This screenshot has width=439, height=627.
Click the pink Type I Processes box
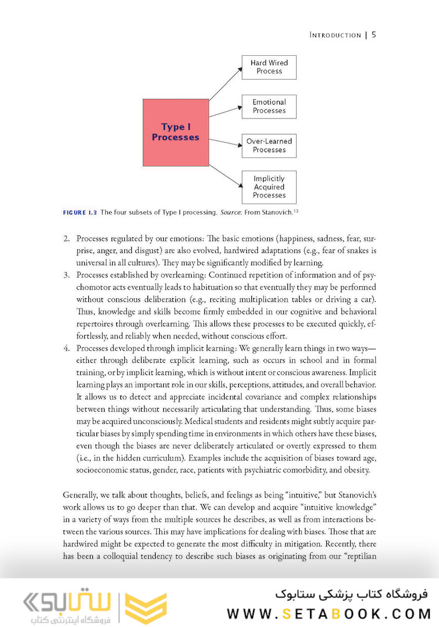pos(175,132)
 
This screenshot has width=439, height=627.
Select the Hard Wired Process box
pos(269,67)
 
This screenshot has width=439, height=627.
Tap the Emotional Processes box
pos(269,106)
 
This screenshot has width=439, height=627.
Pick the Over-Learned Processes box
pos(269,145)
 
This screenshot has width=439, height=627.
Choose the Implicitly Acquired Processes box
pos(269,187)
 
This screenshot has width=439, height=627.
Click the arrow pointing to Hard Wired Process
pos(225,84)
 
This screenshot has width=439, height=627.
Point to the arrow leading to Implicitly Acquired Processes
pos(225,176)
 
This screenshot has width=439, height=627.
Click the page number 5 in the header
pos(374,35)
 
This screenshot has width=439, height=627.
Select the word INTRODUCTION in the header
pos(335,35)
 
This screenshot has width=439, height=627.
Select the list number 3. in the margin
pos(67,276)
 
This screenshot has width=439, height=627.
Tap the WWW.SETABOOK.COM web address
pos(329,614)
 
